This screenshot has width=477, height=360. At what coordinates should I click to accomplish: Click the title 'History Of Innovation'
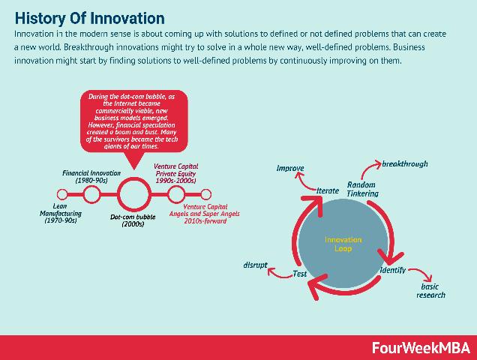tap(90, 16)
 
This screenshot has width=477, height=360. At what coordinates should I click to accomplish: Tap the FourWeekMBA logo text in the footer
tap(421, 347)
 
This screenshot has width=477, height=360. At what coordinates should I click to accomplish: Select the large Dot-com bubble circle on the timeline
tap(135, 195)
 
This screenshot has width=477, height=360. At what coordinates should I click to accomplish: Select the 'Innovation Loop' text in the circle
tap(343, 244)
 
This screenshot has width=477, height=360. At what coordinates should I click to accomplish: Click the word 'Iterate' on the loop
tap(328, 190)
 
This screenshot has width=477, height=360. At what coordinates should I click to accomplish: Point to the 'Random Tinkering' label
tap(362, 189)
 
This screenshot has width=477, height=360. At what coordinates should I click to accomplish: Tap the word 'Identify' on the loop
tap(393, 269)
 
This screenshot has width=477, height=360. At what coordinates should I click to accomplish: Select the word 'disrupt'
tap(255, 265)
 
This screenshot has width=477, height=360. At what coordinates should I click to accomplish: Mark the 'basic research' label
tap(430, 290)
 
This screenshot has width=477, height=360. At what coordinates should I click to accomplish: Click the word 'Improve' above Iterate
tap(289, 168)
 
